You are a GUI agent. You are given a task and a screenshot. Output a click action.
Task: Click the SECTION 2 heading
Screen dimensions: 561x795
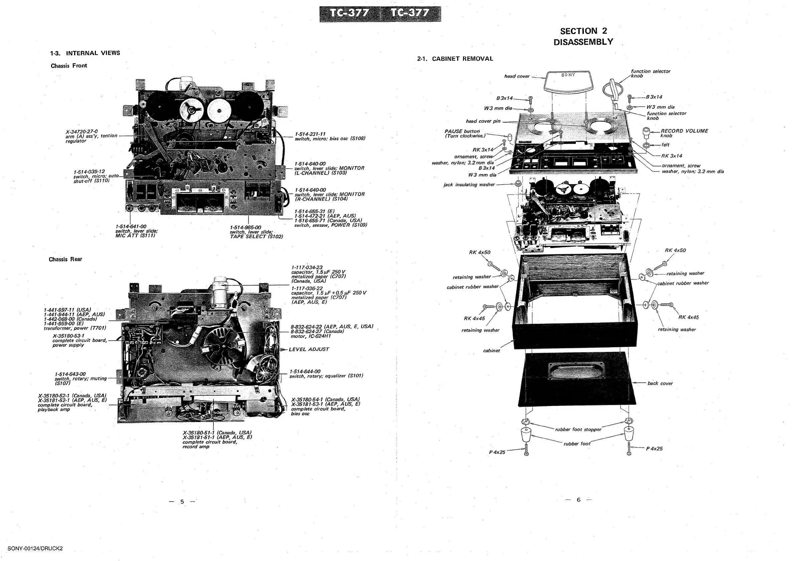[584, 31]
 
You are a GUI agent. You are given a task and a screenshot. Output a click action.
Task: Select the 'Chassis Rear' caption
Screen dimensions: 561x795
[65, 259]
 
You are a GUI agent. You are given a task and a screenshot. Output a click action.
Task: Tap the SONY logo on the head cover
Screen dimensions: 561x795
[568, 75]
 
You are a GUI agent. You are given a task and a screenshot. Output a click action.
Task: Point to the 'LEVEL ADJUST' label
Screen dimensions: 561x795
[309, 349]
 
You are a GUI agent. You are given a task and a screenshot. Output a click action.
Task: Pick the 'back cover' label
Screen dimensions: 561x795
[660, 383]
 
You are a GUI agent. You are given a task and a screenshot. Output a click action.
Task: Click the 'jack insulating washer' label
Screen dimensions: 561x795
[469, 185]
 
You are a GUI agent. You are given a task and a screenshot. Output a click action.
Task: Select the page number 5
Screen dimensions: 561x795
[182, 502]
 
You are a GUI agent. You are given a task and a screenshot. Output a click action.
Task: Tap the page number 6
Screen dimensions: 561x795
[578, 500]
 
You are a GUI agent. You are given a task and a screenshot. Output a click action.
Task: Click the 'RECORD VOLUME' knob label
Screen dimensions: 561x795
[684, 131]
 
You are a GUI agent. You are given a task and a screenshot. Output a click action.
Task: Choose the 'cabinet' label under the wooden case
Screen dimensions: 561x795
[491, 351]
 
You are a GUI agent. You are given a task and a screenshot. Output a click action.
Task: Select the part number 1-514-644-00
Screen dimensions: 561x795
[305, 371]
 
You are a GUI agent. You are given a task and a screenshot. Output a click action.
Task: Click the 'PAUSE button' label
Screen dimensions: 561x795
[462, 132]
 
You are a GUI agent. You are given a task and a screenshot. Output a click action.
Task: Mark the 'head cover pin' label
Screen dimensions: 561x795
[483, 121]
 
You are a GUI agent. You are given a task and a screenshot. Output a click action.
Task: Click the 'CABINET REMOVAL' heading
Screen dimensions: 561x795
[462, 59]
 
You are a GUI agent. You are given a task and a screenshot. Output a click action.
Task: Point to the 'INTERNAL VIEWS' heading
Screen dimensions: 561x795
[93, 53]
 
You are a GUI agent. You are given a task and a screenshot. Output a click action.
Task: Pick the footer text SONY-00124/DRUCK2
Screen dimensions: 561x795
[35, 548]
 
